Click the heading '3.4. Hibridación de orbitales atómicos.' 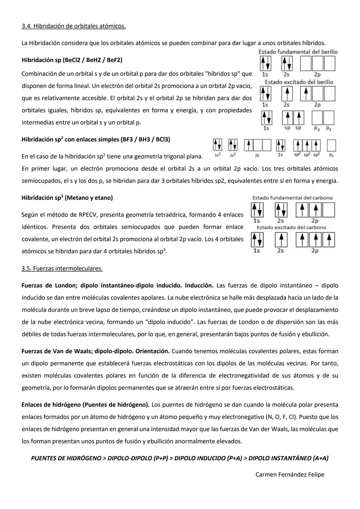[x=74, y=26]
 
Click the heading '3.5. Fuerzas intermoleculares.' [x=62, y=268]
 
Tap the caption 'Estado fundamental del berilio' [x=298, y=52]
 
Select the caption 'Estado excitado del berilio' [x=299, y=82]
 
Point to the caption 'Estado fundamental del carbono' [x=292, y=198]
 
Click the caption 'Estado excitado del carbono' [x=291, y=227]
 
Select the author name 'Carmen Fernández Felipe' [x=290, y=474]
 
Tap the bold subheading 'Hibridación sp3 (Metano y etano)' [x=67, y=198]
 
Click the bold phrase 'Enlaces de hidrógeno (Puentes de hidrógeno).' [x=86, y=405]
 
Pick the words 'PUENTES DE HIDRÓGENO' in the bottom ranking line [x=66, y=458]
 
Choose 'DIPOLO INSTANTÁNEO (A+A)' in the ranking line [x=288, y=458]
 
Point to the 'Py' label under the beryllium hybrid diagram [x=317, y=128]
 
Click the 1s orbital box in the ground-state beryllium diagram [x=265, y=63]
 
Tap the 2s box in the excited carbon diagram [x=281, y=240]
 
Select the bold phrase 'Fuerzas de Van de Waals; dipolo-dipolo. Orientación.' [x=96, y=351]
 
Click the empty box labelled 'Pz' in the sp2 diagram [x=331, y=146]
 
